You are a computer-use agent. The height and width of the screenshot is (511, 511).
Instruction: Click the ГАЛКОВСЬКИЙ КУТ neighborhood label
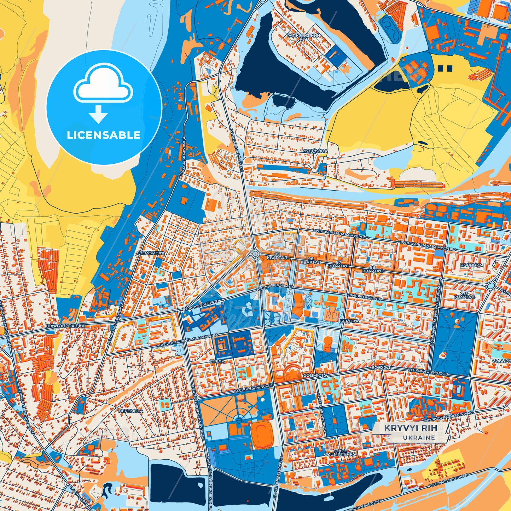point(303,37)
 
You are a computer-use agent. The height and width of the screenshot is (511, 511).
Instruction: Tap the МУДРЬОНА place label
point(314,151)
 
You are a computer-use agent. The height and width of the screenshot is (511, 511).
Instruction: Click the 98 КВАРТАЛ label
point(372,269)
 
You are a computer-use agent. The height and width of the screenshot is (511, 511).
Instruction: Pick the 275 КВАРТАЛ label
point(464,295)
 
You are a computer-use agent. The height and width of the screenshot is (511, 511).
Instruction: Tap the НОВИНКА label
point(471,265)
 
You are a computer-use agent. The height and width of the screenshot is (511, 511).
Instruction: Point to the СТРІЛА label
point(217,361)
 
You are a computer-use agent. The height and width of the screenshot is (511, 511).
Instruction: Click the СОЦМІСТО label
point(315,375)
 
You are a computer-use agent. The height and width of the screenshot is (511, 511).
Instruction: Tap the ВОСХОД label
point(381,368)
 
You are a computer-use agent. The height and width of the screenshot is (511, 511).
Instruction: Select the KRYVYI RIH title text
point(411,428)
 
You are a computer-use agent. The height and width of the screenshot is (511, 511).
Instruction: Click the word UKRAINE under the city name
point(419,437)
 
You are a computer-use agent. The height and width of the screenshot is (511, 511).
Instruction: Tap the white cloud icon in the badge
point(103,84)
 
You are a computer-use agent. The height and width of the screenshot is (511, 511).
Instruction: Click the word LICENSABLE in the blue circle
point(104,135)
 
